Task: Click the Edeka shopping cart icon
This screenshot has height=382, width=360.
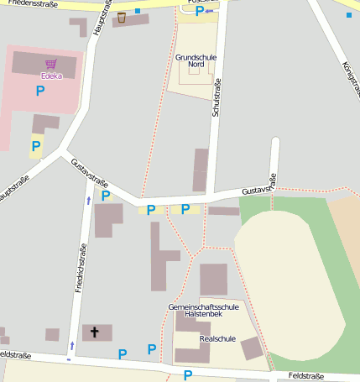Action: pos(51,64)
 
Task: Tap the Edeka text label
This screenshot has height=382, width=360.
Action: pos(51,75)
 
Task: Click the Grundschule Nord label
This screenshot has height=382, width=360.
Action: pos(197,60)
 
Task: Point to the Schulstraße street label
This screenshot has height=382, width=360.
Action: pos(217,120)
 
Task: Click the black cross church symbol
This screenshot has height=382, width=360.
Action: pos(94,332)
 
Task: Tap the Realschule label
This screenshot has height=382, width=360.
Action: pos(218,339)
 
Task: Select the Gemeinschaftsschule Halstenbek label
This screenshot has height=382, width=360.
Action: pos(203,311)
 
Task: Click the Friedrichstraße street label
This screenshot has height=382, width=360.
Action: pos(81,268)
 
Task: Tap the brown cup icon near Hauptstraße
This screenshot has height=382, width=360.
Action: pos(122,17)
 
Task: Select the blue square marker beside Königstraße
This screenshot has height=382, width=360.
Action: pos(349,14)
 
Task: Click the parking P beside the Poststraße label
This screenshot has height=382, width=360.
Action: pos(199,12)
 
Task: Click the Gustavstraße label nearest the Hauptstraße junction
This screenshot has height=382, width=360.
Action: pos(90,173)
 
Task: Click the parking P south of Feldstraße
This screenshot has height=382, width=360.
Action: pos(188,374)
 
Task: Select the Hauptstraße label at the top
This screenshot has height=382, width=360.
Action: pos(102,17)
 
